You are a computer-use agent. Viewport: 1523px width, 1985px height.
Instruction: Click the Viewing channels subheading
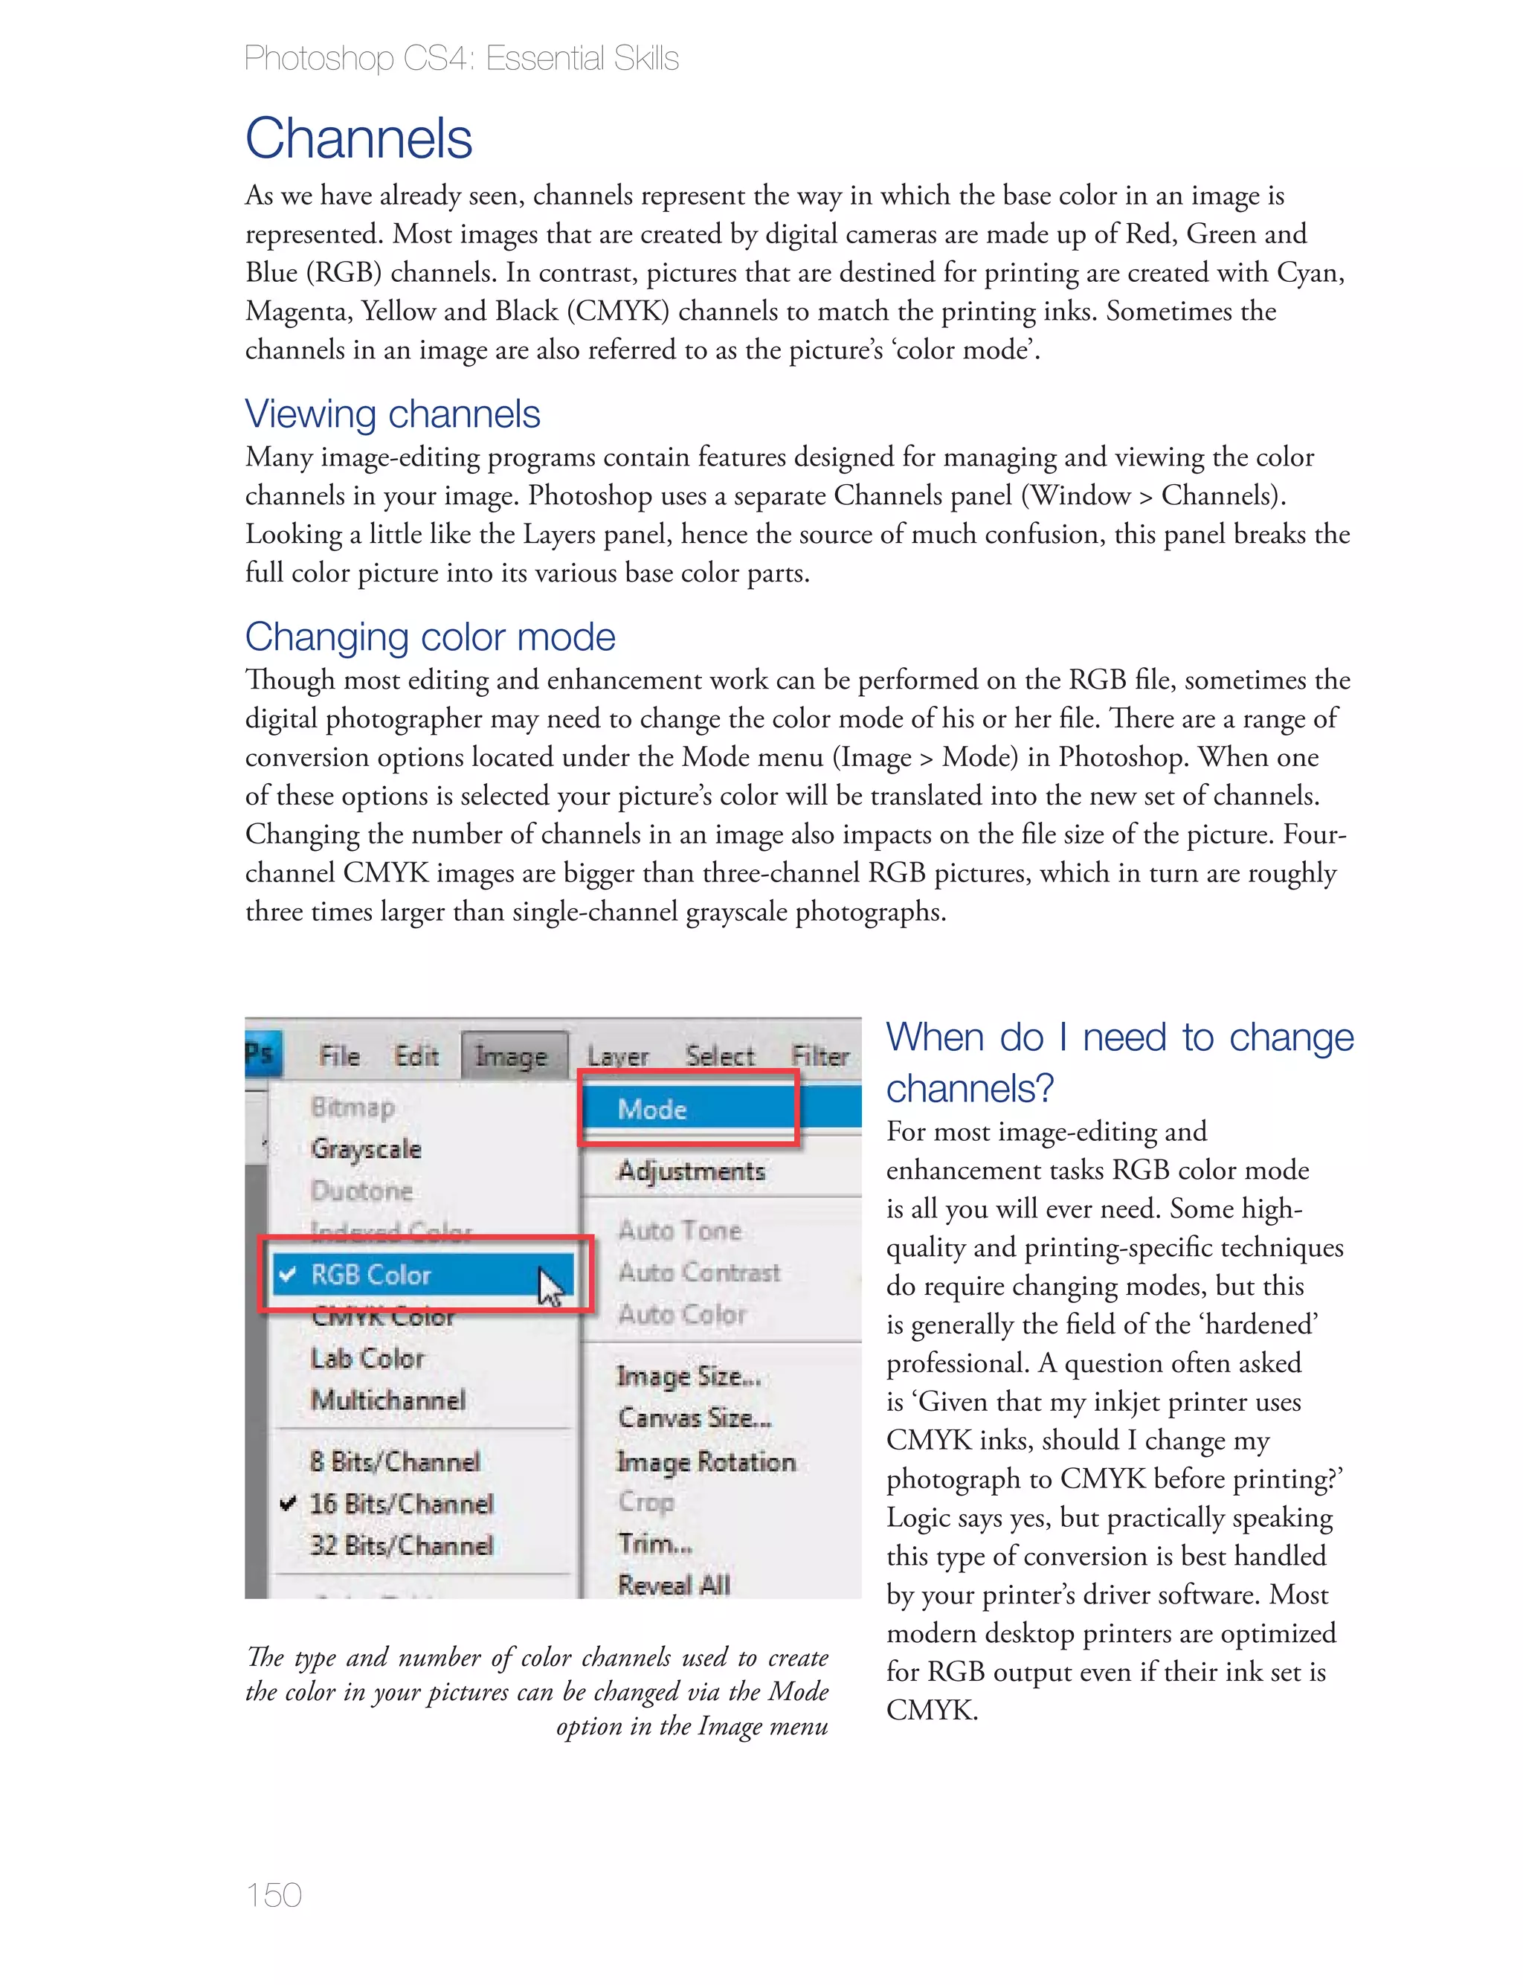coord(393,414)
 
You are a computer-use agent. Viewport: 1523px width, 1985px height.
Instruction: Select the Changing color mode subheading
coord(430,637)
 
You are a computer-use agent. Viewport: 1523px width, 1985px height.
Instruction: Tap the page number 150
coord(273,1894)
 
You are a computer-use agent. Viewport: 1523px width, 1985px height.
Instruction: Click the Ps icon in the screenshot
coord(260,1054)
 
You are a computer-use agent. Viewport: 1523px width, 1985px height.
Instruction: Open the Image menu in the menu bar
coord(512,1057)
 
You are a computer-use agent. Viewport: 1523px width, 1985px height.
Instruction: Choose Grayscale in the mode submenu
coord(366,1149)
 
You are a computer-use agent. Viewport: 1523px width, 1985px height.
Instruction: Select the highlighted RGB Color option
coord(371,1275)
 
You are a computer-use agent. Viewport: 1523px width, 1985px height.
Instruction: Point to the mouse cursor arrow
coord(550,1286)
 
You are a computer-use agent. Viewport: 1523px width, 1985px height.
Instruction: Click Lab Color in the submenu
coord(367,1359)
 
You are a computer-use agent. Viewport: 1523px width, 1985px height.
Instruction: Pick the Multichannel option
coord(388,1400)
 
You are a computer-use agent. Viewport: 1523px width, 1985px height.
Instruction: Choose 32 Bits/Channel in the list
coord(402,1545)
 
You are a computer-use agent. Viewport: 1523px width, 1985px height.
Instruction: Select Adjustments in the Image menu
coord(692,1171)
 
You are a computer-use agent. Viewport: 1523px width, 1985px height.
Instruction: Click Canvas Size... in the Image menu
coord(695,1418)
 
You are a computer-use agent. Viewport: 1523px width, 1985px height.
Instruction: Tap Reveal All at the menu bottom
coord(674,1586)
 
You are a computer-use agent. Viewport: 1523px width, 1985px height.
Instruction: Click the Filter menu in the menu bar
coord(820,1057)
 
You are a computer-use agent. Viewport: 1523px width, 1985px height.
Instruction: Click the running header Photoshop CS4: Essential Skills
coord(461,59)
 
